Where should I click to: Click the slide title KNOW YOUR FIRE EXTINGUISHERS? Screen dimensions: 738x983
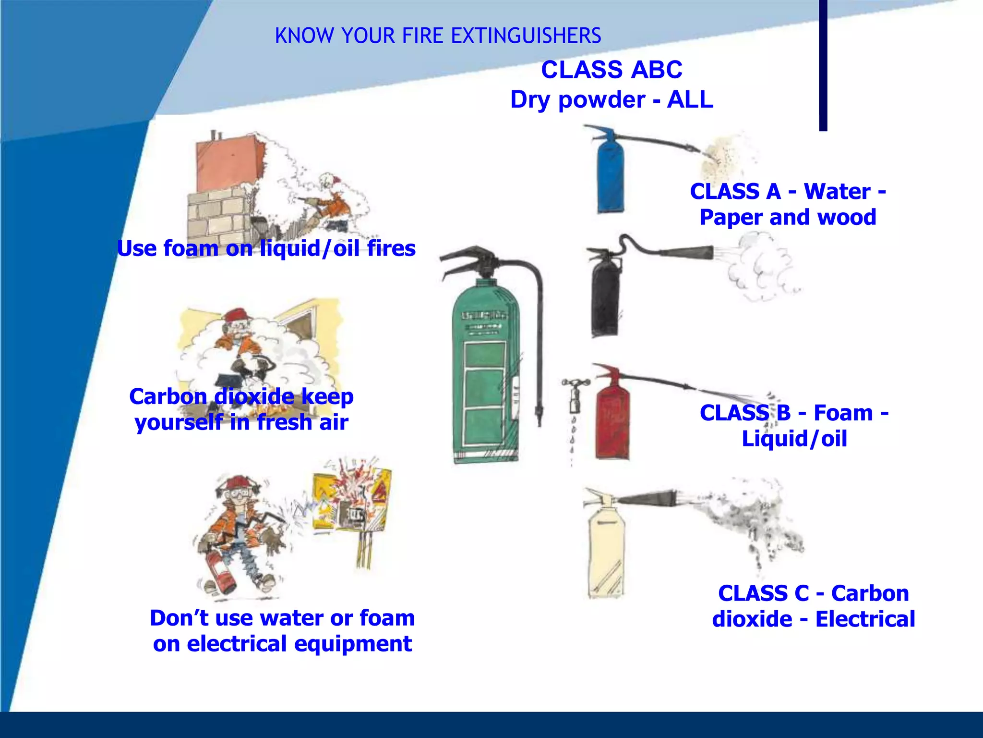(438, 36)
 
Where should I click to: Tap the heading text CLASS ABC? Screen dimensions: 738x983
(611, 70)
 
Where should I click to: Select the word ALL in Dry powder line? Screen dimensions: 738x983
(690, 100)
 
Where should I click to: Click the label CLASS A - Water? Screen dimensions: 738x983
(788, 191)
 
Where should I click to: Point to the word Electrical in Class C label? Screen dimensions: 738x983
(865, 619)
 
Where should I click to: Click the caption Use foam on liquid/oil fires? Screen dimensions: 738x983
(266, 248)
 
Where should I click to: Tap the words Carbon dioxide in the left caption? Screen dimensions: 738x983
(212, 397)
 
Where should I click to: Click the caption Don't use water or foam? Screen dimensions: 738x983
(282, 618)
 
